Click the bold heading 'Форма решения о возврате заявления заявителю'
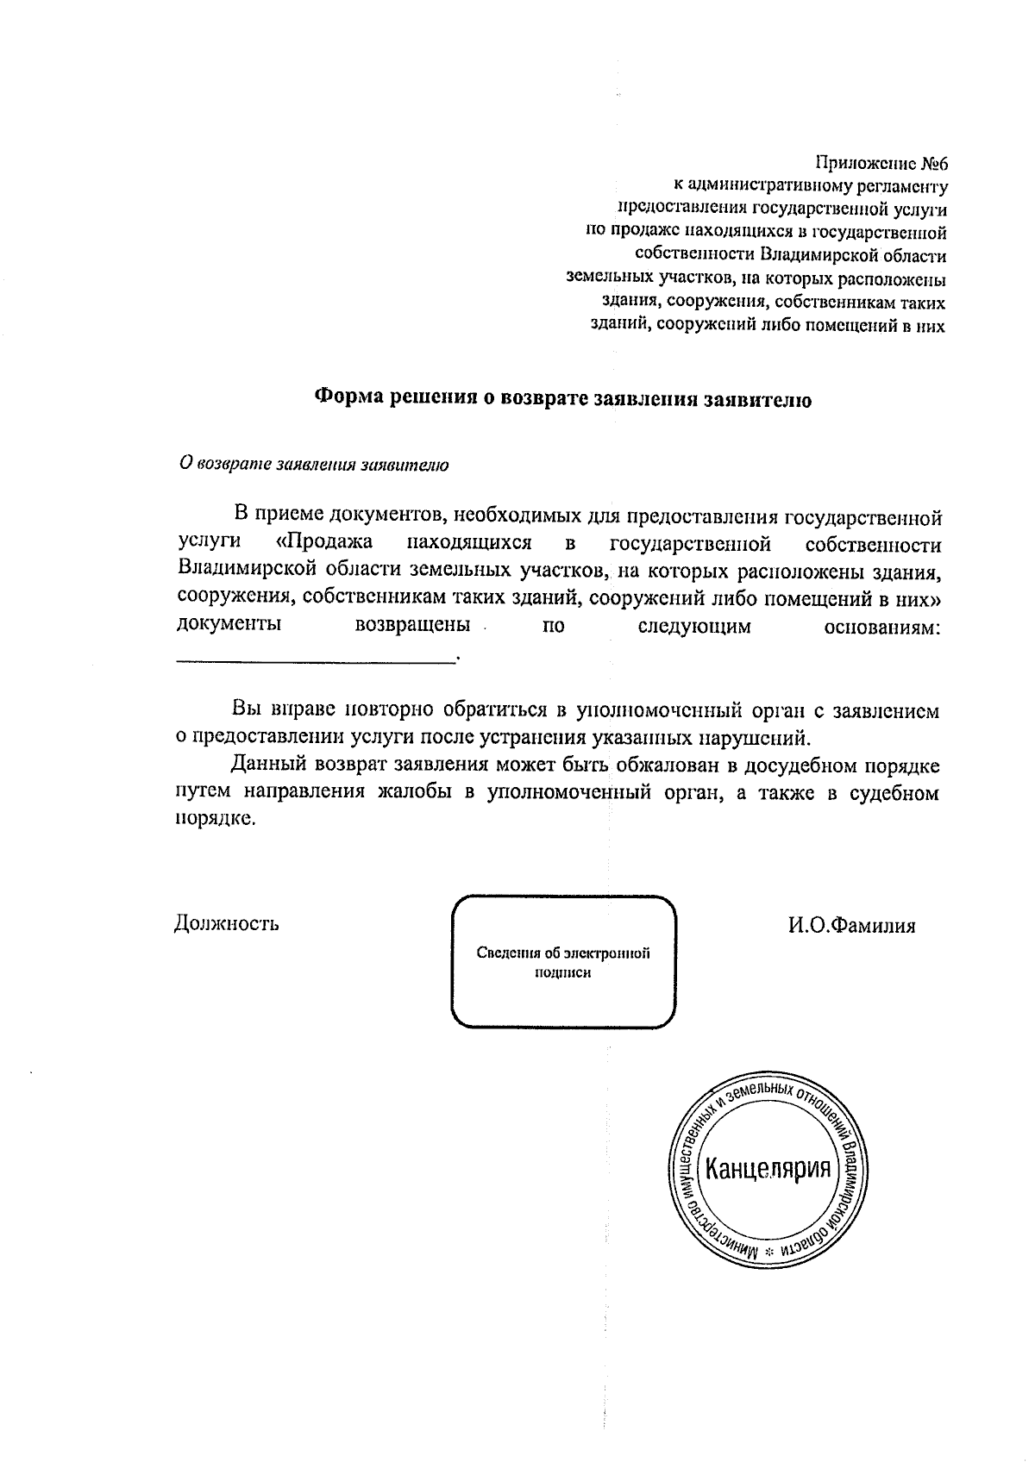[x=561, y=399]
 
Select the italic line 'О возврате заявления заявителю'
[x=313, y=465]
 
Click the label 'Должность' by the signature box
[x=227, y=924]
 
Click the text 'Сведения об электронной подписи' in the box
[x=563, y=962]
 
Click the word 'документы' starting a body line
[x=229, y=625]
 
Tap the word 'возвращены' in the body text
[x=412, y=625]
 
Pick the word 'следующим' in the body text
[x=694, y=626]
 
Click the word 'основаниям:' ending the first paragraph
[x=882, y=626]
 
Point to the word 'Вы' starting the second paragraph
[x=246, y=710]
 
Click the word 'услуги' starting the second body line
[x=208, y=544]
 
